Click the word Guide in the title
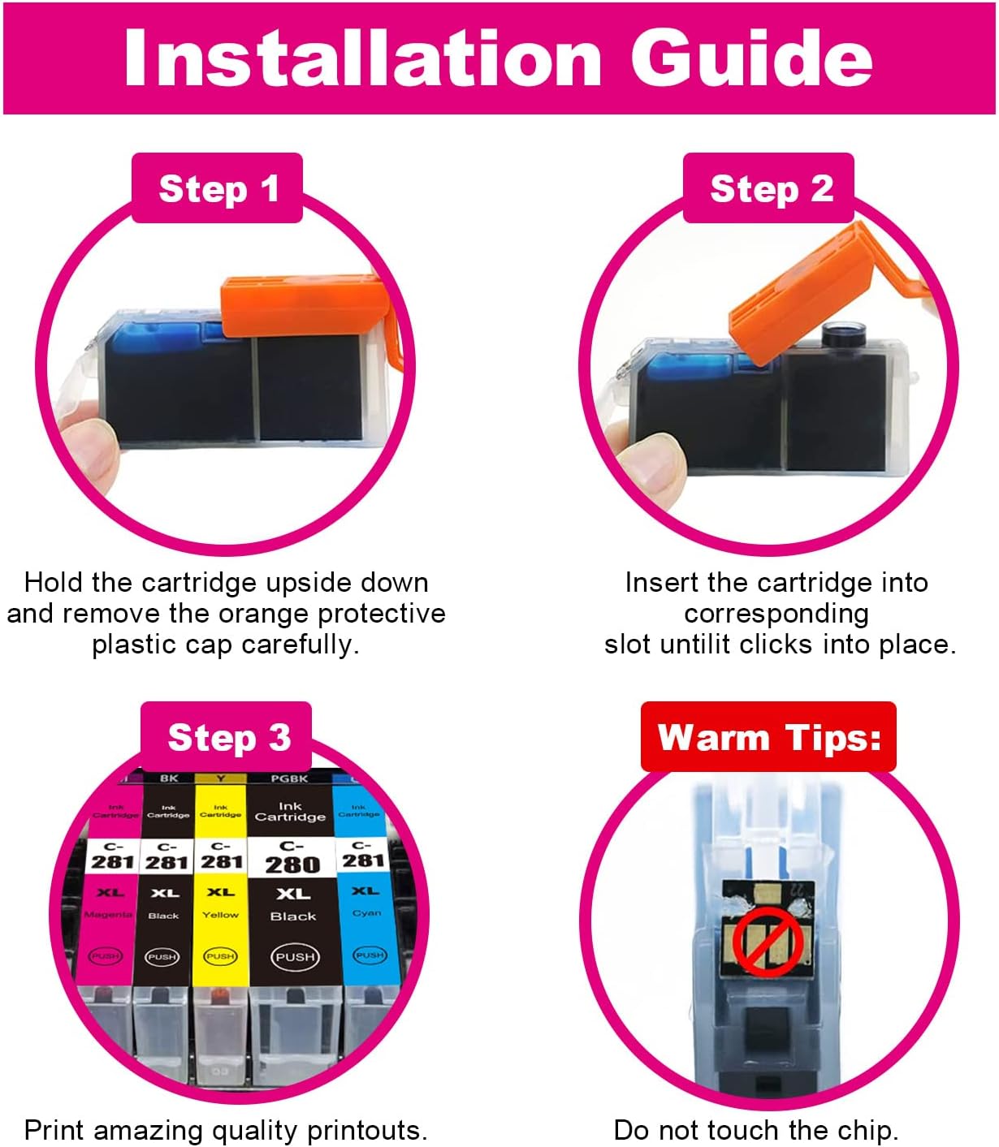[x=751, y=58]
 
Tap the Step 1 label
[x=218, y=188]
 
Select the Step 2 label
[x=771, y=188]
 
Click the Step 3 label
[x=228, y=737]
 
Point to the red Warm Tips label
[x=768, y=737]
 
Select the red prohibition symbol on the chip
[x=768, y=942]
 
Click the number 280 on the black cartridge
[x=292, y=865]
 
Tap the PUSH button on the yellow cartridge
[x=220, y=956]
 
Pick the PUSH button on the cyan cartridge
[x=370, y=955]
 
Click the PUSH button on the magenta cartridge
[x=105, y=956]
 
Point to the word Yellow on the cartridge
[x=220, y=915]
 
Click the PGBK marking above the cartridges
[x=289, y=778]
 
